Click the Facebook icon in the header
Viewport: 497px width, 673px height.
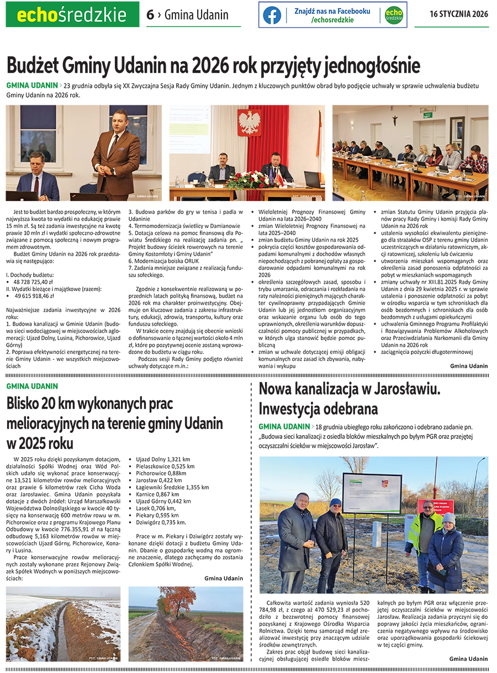272,15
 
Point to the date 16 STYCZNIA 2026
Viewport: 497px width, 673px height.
458,14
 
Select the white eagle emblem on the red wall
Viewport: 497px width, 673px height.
248,122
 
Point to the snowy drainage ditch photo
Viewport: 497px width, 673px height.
63,624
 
